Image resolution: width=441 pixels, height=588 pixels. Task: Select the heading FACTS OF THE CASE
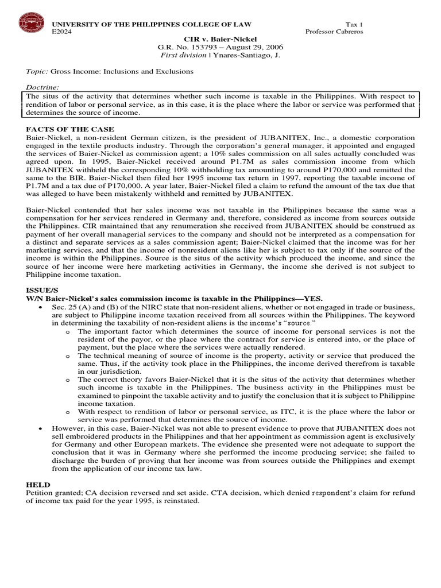70,129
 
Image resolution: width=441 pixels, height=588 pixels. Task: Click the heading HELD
38,485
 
